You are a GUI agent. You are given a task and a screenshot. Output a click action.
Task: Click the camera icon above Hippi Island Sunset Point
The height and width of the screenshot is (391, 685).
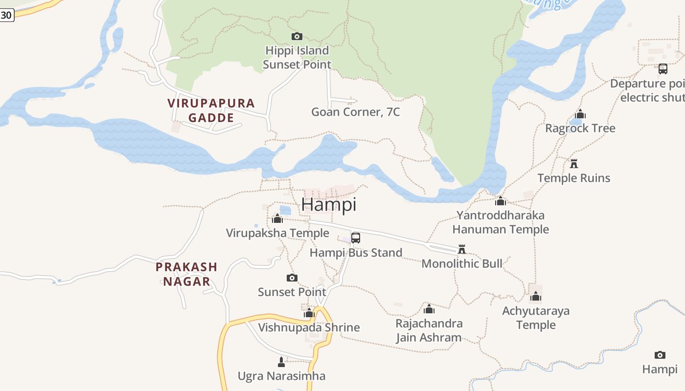coord(297,36)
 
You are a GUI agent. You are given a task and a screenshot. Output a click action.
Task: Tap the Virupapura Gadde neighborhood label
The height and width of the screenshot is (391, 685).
coord(211,110)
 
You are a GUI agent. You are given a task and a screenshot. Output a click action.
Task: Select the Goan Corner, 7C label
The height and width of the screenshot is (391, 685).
coord(355,112)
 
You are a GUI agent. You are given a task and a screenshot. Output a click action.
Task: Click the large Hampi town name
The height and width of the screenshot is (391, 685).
coord(329,204)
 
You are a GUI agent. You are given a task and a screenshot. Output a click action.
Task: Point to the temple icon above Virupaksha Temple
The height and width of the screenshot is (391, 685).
coord(277,218)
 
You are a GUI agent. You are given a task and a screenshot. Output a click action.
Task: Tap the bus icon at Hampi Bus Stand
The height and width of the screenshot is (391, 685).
coord(356,238)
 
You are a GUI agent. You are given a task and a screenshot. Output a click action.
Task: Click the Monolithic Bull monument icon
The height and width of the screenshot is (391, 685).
coord(461,249)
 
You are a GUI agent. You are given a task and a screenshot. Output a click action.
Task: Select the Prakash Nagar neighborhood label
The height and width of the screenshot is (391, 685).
coord(186,274)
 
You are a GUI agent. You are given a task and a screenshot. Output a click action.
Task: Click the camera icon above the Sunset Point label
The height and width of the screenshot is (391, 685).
coord(292,278)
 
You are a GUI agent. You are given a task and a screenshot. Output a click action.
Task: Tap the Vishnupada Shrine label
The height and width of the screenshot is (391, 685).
coord(309,327)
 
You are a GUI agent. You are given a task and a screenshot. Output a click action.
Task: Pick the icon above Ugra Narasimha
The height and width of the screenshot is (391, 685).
coord(281,362)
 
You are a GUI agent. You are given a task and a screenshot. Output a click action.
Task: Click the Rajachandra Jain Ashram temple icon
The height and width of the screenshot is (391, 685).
coord(429,309)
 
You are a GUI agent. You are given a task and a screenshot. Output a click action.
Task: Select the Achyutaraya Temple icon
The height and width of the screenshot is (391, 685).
coord(536,296)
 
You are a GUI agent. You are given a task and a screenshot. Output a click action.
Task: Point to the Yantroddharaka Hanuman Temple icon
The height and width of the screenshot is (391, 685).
coord(500,201)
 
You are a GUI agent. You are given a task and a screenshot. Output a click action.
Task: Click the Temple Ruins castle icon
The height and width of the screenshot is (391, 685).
coord(574,163)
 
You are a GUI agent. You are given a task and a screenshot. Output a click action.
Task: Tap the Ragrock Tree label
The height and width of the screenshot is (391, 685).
coord(580,129)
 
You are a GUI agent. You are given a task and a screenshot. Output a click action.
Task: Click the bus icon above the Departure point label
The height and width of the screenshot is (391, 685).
coord(662,69)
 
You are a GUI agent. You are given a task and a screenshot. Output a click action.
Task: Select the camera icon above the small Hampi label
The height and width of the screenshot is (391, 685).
coord(660,355)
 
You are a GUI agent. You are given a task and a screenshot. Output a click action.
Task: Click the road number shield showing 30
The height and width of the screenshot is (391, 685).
coord(6,15)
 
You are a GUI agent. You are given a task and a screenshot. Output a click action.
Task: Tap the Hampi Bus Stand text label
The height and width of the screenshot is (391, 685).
coord(356,253)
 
